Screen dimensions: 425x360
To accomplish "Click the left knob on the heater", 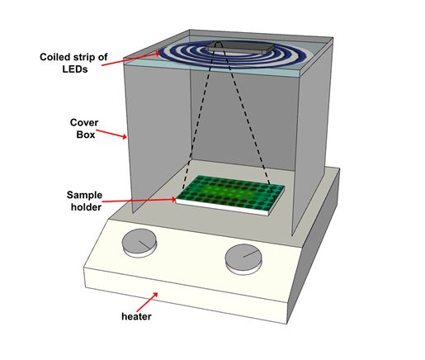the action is click(x=139, y=243).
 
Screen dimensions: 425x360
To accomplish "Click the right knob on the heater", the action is click(x=243, y=258).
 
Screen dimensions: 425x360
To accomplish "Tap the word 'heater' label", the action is click(x=136, y=316).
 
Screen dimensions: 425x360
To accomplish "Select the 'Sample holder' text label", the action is click(x=84, y=201).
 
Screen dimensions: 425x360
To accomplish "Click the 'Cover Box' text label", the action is click(x=84, y=128).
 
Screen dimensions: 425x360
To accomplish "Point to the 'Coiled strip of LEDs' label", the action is click(x=73, y=63).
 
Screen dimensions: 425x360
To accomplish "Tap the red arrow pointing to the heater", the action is click(x=147, y=302).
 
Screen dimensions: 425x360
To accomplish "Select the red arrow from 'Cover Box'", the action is click(x=111, y=134).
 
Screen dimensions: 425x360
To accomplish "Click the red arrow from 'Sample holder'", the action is click(x=139, y=200).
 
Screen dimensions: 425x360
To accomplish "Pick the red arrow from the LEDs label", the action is click(x=130, y=59).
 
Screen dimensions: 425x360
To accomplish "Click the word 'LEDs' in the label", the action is click(x=75, y=69).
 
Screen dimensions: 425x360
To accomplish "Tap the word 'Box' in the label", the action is click(x=86, y=135).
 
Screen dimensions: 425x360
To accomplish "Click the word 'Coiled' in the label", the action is click(x=54, y=57).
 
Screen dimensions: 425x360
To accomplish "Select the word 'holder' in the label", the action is click(x=86, y=207).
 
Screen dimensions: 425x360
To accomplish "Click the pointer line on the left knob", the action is click(x=144, y=244).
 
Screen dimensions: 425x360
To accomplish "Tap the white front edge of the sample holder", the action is click(x=221, y=207).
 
